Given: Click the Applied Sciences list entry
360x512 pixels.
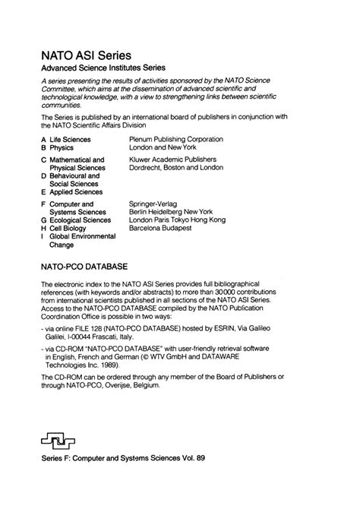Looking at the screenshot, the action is [x=80, y=193].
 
